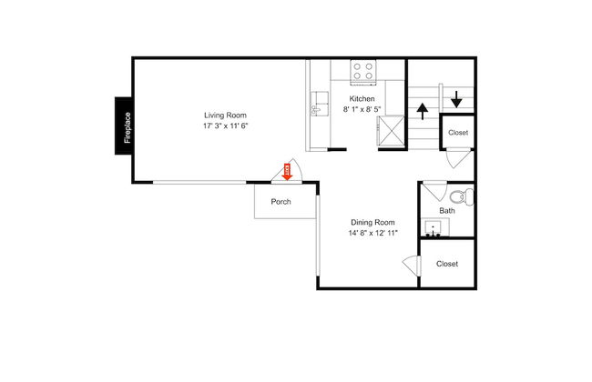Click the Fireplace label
point(128,127)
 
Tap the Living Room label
point(225,116)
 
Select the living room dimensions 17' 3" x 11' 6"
point(225,126)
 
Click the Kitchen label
point(362,99)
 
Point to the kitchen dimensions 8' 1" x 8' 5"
point(362,109)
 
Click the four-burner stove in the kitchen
point(362,72)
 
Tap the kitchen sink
point(320,104)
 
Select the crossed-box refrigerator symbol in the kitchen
point(391,130)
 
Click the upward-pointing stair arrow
point(423,112)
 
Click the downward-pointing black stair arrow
point(456,99)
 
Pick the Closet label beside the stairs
point(458,133)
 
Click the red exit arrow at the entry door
point(287,172)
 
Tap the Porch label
point(281,202)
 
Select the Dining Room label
point(373,223)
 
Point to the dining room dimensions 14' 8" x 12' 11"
point(373,233)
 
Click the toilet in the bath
point(462,196)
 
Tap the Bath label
point(447,211)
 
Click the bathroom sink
point(433,228)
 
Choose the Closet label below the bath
point(447,264)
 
